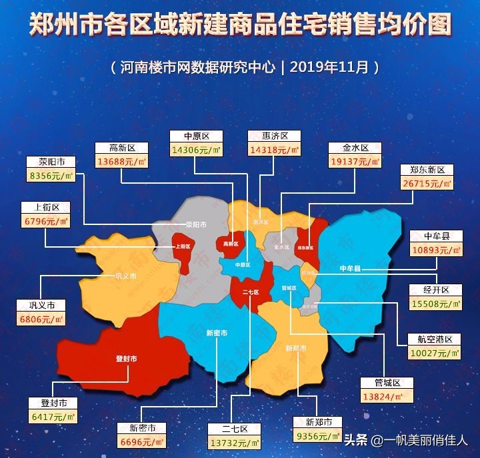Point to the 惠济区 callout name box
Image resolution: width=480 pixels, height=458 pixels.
274,136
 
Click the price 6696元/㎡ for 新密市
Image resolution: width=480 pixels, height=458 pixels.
142,441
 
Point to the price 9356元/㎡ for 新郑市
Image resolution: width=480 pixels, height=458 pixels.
319,437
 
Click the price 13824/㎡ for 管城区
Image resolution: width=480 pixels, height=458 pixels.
386,397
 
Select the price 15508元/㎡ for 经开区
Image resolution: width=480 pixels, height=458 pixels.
437,304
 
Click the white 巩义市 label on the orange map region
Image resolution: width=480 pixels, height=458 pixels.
125,276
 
